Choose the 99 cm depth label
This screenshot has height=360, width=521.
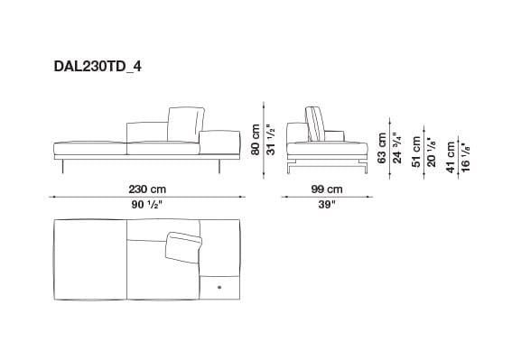(326, 189)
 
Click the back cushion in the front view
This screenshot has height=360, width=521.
(181, 123)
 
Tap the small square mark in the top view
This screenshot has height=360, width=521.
(219, 286)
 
